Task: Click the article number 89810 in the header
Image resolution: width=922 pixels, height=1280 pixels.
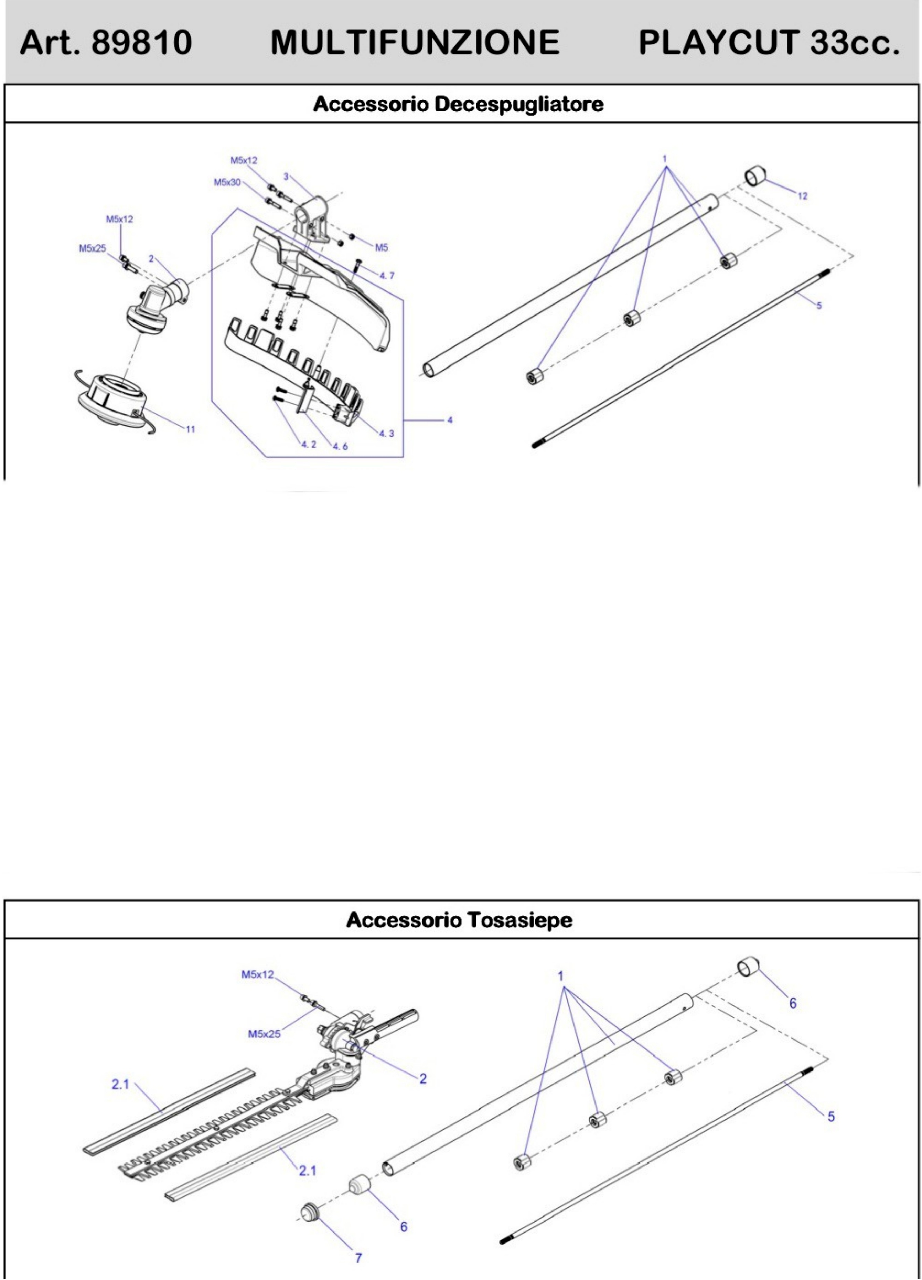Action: click(141, 42)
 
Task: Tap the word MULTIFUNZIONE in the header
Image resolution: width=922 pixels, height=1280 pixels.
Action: click(415, 42)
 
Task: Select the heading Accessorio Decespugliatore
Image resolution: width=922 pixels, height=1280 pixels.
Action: click(458, 104)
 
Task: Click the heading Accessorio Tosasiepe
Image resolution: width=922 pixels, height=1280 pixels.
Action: click(459, 920)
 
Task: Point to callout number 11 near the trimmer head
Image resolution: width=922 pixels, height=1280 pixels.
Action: click(190, 429)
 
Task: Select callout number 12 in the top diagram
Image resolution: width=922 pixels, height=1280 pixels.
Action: click(802, 196)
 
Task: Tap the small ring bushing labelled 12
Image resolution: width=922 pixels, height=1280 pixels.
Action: click(755, 175)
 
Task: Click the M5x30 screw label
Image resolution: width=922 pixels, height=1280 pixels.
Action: click(227, 182)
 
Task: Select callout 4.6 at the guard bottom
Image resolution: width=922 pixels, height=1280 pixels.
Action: click(340, 446)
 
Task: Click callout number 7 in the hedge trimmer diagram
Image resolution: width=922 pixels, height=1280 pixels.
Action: click(358, 1257)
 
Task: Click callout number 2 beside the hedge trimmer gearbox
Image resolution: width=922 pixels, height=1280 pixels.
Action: click(422, 1078)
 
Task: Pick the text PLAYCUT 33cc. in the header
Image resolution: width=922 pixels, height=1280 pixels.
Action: click(769, 42)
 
